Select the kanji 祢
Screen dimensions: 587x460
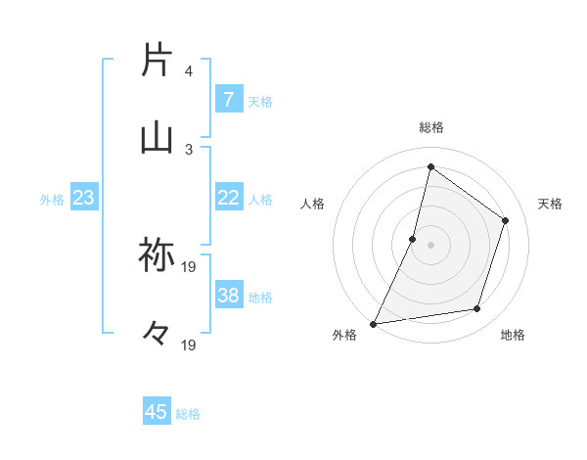pyautogui.click(x=157, y=254)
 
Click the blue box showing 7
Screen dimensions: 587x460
pyautogui.click(x=228, y=99)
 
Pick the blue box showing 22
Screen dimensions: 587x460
pyautogui.click(x=228, y=198)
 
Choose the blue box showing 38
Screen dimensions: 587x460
pyautogui.click(x=228, y=296)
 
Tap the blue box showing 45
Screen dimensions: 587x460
pyautogui.click(x=157, y=412)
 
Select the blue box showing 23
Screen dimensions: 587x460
pyautogui.click(x=83, y=198)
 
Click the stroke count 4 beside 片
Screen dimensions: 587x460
pyautogui.click(x=188, y=71)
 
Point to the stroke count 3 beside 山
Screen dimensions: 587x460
pyautogui.click(x=188, y=149)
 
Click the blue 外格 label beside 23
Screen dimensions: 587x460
pyautogui.click(x=52, y=199)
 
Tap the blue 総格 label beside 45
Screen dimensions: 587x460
pyautogui.click(x=188, y=413)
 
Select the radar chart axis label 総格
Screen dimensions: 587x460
pyautogui.click(x=430, y=127)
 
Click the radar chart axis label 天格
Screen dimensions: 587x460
pyautogui.click(x=550, y=204)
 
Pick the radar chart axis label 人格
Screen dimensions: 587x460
pyautogui.click(x=312, y=204)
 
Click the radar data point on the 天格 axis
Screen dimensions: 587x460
pyautogui.click(x=506, y=220)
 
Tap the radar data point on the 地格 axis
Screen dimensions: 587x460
pyautogui.click(x=477, y=309)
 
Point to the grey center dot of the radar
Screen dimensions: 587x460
pyautogui.click(x=430, y=245)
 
